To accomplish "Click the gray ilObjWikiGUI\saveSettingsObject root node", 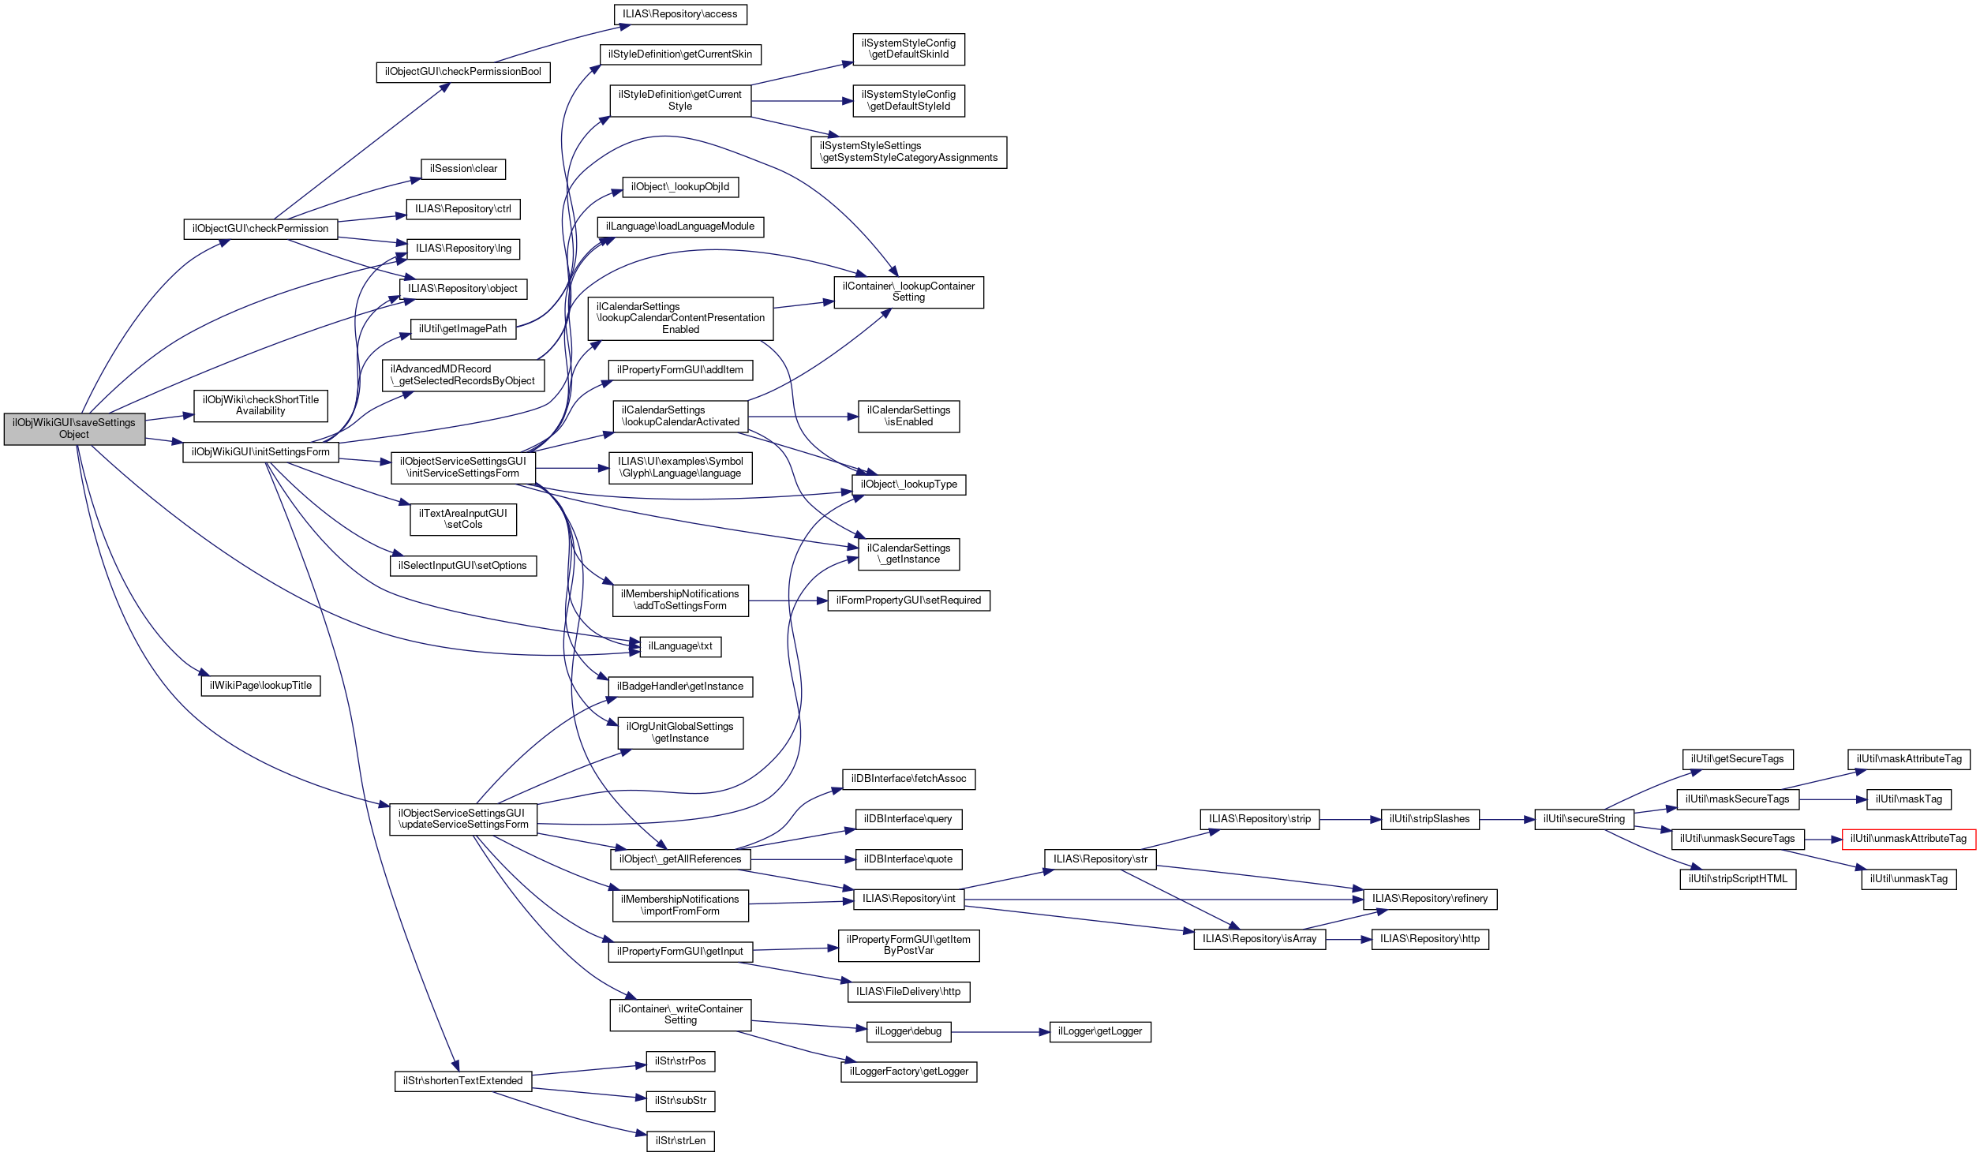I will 74,428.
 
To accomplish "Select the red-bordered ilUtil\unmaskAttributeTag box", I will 1908,839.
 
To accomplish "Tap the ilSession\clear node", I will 463,169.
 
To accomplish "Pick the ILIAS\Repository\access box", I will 679,14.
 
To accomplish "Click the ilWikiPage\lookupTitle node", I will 260,686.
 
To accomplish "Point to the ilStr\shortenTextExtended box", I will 462,1081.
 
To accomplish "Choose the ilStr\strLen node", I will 680,1141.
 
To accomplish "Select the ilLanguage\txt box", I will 680,646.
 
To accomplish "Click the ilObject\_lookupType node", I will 908,484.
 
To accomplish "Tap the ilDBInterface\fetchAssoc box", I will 908,779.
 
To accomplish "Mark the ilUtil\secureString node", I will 1584,819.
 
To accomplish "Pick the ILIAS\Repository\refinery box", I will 1429,899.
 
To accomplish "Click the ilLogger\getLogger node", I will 1100,1031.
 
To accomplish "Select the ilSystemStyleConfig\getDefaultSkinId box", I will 908,49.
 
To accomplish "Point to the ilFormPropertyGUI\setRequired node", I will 908,600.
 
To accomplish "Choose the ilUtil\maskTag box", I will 1908,799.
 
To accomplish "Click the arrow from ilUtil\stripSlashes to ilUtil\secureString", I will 1507,820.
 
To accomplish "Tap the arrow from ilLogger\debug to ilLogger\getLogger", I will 1000,1032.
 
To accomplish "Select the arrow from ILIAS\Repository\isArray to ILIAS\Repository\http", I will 1349,940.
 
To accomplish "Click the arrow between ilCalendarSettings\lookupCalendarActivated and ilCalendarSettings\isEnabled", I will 803,417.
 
